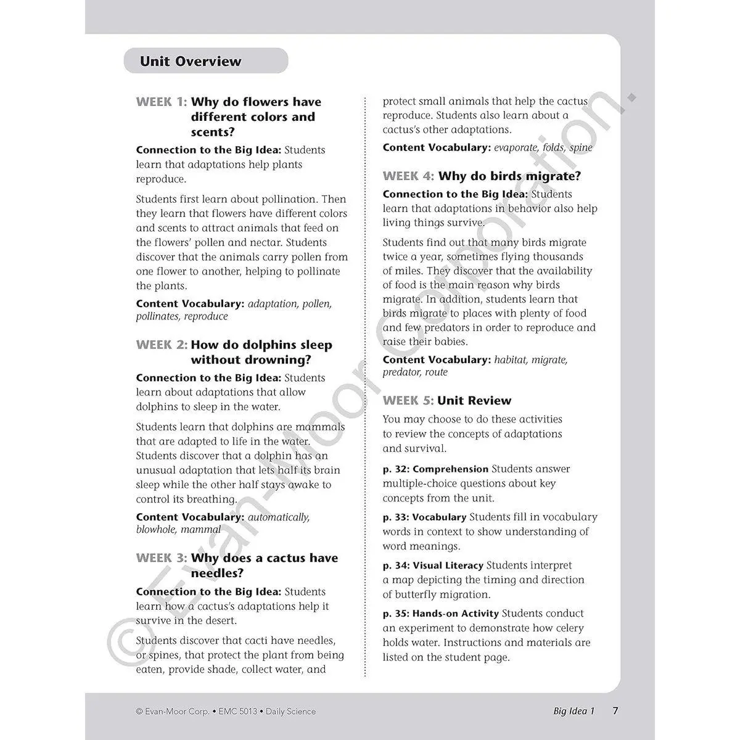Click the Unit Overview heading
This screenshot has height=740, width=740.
click(191, 61)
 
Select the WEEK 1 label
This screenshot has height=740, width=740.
click(161, 102)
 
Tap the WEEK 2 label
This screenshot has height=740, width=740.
click(161, 345)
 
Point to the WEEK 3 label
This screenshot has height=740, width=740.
click(161, 558)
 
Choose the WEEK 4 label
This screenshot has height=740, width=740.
click(408, 176)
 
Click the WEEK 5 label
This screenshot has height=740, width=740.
click(408, 401)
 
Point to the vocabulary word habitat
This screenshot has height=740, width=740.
click(512, 360)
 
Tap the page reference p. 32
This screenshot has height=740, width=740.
click(395, 469)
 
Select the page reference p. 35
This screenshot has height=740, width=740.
click(395, 614)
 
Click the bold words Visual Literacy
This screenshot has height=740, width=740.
click(448, 565)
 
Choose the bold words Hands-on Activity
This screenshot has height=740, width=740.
click(456, 614)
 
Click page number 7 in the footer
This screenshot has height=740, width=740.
click(615, 711)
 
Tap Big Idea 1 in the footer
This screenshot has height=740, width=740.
click(573, 711)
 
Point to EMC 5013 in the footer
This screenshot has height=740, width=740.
click(237, 712)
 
